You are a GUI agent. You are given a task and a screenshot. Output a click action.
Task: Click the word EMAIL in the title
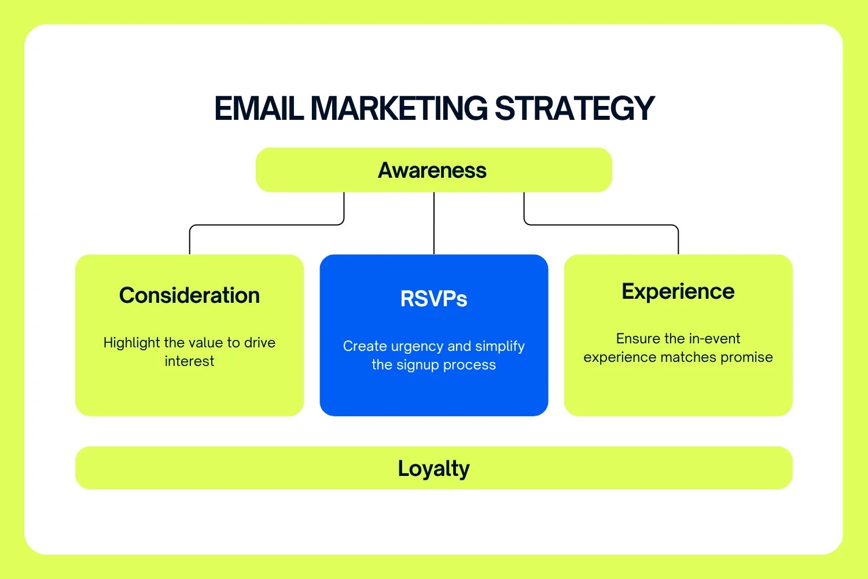pos(259,108)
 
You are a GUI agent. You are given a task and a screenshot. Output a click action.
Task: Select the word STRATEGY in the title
pos(574,108)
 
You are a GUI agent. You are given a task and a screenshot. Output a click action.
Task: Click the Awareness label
pos(432,170)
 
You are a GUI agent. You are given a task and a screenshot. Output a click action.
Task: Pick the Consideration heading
pos(189,295)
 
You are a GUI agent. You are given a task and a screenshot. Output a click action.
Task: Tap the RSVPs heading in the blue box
pos(433,299)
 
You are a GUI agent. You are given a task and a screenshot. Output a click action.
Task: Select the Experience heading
pos(678,291)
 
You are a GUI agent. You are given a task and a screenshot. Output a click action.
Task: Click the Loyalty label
pos(433,468)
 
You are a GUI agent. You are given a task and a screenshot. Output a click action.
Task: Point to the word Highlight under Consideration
pos(131,343)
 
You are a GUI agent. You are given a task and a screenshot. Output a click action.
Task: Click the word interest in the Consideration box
pos(189,361)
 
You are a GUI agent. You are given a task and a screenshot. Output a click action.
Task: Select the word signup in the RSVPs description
pos(417,365)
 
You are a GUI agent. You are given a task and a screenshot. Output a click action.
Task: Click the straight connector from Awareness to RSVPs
pos(434,223)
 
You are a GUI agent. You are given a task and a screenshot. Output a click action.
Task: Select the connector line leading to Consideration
pos(266,225)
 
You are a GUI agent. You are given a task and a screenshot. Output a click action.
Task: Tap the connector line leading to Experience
pos(602,225)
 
